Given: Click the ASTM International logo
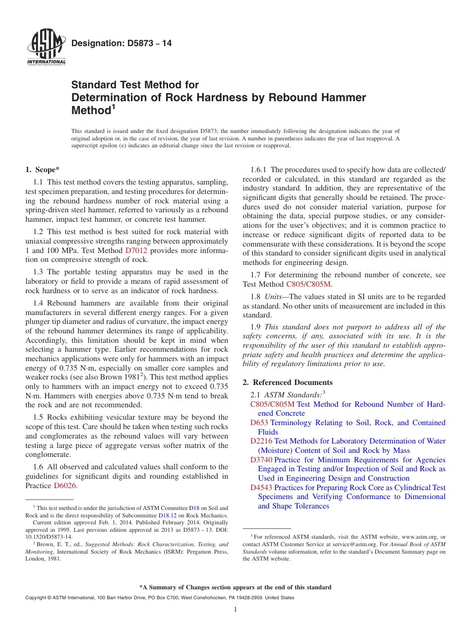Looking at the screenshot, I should (46, 48).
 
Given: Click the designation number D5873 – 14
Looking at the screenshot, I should (121, 44).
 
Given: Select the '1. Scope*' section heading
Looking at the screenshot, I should (43, 170).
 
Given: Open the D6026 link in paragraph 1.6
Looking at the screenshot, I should (64, 486).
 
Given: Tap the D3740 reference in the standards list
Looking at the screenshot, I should (261, 460).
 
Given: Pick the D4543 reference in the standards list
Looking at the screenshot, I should (261, 488).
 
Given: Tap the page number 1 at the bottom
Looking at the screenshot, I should (235, 609).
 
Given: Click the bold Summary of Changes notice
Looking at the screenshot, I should (235, 587).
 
